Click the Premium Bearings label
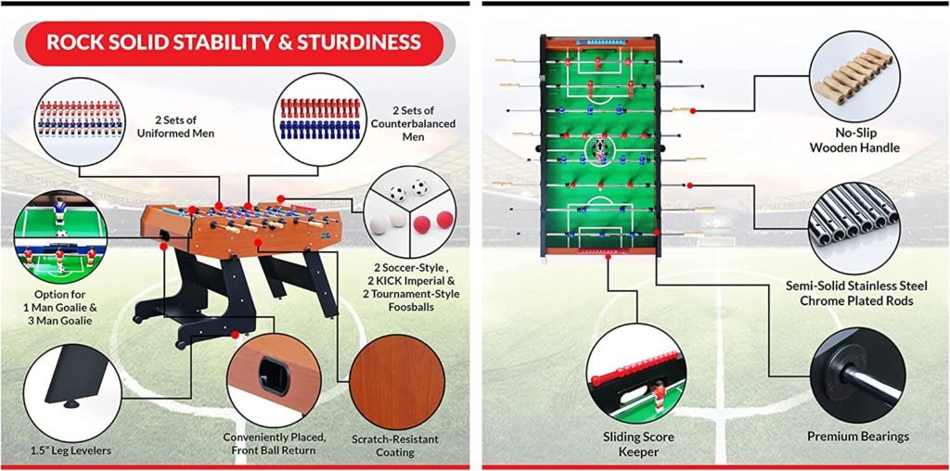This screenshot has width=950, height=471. coord(858,437)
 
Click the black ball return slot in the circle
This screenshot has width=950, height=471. coord(274,376)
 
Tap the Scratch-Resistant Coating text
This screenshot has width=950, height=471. coord(394,446)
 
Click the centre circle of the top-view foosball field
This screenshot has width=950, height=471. coord(600,147)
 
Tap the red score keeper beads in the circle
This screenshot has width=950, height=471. coord(633,367)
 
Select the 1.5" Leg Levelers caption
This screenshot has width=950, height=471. coord(71,450)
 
